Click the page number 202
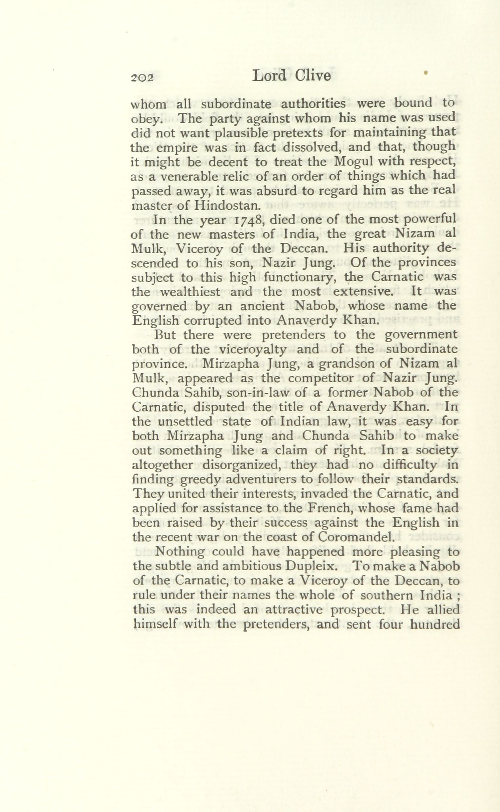[x=141, y=77]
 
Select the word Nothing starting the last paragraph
[x=180, y=551]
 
